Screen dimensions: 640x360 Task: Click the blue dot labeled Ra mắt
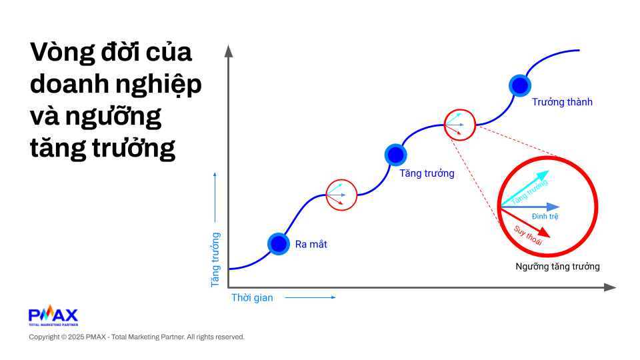pos(279,244)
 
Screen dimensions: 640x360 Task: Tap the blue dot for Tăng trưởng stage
pos(395,155)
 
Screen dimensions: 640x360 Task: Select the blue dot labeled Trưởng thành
pos(520,86)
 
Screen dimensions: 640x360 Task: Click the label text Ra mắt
pos(311,245)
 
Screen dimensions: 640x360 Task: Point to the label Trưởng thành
pos(562,102)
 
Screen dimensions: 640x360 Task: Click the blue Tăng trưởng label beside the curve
pos(427,173)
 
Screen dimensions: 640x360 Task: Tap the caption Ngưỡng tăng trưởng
pos(557,267)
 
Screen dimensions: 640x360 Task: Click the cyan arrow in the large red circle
pos(525,188)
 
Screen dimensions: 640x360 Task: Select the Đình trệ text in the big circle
pos(545,216)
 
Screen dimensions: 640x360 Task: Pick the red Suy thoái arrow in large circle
pos(525,223)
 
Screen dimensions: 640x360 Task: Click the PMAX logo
pos(53,315)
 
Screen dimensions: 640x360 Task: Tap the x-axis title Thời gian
pos(252,298)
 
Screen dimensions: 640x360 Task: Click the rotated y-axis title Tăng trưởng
pos(215,260)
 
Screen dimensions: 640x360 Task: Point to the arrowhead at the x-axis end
pos(610,287)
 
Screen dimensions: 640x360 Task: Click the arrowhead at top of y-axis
pos(229,51)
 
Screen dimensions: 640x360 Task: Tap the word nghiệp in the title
pos(159,85)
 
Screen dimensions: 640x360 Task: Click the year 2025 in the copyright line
pos(76,337)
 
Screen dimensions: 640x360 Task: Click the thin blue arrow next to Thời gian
pos(310,297)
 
